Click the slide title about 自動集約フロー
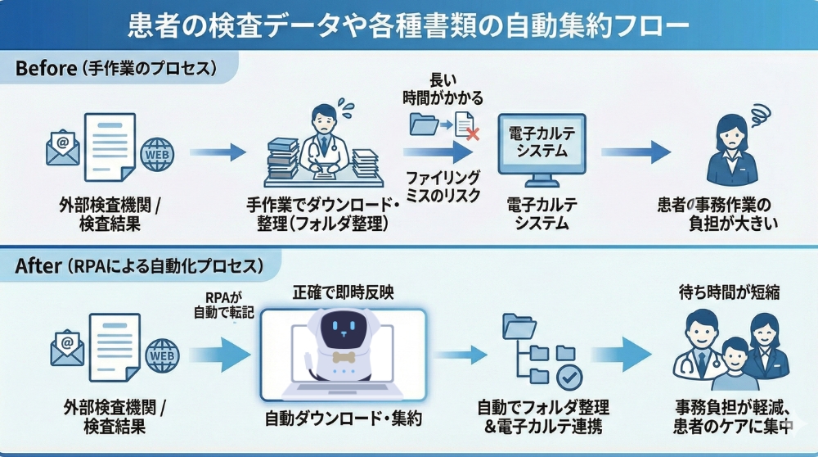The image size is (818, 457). [x=408, y=25]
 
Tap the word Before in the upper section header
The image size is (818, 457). [x=45, y=69]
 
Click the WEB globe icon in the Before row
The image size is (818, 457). [x=157, y=153]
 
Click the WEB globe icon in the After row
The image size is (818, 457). [x=162, y=355]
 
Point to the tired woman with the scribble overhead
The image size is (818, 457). [x=730, y=147]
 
